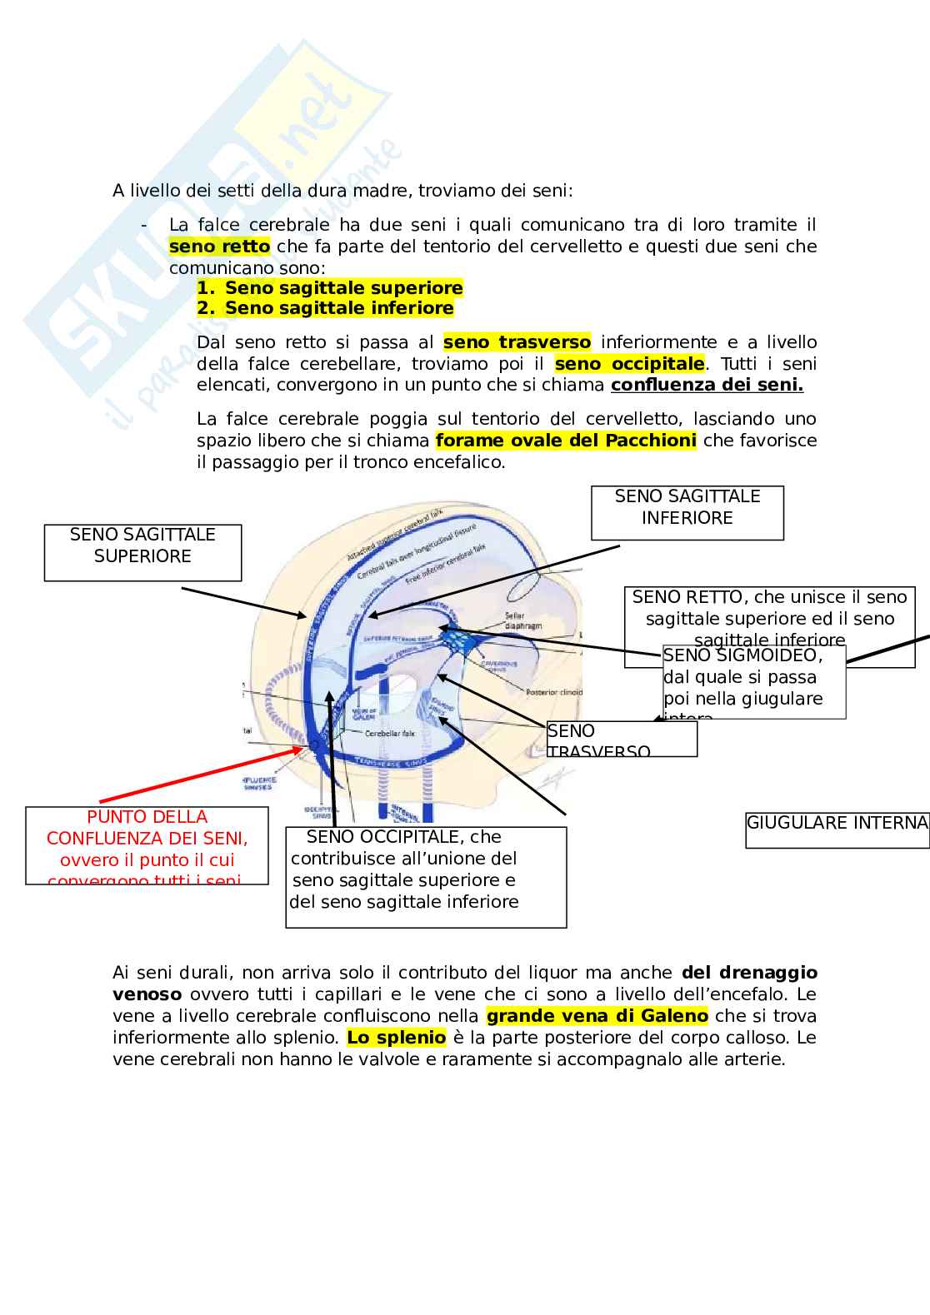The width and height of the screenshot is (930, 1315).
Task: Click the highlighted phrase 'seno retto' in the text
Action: click(x=219, y=247)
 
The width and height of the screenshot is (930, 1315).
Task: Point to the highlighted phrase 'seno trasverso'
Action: click(x=517, y=342)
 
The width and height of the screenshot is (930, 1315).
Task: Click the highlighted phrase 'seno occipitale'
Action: click(x=629, y=364)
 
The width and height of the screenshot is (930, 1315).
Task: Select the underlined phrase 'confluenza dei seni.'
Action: click(x=707, y=386)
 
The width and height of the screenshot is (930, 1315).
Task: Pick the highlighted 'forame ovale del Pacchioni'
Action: click(x=566, y=441)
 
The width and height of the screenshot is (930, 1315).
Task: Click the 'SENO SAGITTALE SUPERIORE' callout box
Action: click(x=142, y=552)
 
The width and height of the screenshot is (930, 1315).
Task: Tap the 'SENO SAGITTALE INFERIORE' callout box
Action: click(x=687, y=512)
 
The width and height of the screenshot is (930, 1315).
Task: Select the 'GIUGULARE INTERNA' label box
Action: click(x=837, y=829)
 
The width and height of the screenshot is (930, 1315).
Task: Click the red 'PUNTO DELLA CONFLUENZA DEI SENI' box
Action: click(x=147, y=844)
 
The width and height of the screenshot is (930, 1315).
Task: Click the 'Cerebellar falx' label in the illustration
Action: click(x=390, y=734)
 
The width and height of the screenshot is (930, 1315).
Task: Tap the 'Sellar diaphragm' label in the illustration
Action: click(x=522, y=621)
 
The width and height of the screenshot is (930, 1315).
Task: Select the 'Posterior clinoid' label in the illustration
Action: click(x=552, y=692)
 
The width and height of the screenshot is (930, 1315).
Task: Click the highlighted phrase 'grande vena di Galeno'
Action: click(x=597, y=1016)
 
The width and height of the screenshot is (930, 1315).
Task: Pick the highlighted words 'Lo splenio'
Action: click(x=396, y=1038)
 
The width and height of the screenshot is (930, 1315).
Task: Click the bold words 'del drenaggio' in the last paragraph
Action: click(x=749, y=973)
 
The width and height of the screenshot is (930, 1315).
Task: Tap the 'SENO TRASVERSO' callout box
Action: click(x=621, y=739)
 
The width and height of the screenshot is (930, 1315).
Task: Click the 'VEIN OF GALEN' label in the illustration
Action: click(x=364, y=713)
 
